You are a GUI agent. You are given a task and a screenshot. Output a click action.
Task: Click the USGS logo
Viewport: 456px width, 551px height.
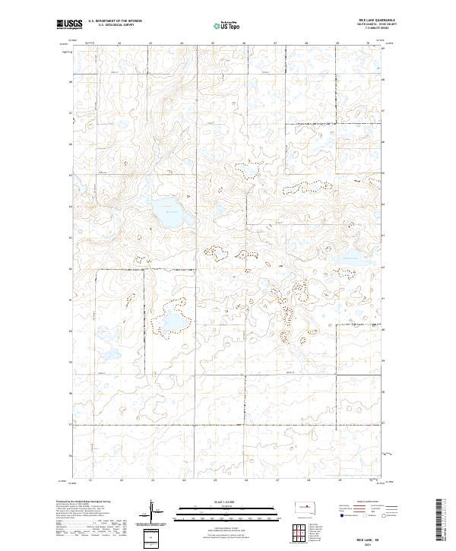tap(69, 24)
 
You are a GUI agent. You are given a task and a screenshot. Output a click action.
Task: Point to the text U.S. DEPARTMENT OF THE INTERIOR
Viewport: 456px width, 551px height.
tap(115, 21)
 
